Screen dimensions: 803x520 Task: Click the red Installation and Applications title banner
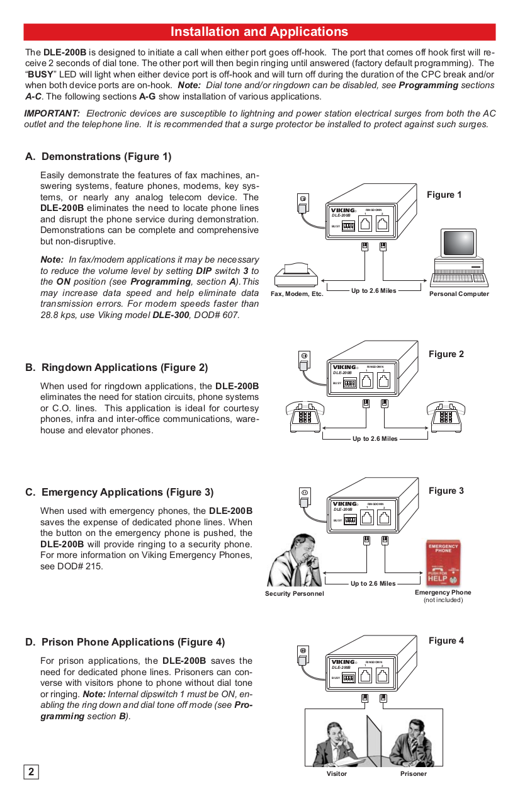click(x=259, y=32)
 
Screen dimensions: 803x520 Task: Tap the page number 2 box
click(x=31, y=772)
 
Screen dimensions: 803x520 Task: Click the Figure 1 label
click(x=444, y=195)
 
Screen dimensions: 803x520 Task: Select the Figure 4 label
click(x=446, y=641)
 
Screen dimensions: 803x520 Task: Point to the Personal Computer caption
click(x=458, y=294)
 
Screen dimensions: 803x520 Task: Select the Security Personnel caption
click(x=294, y=593)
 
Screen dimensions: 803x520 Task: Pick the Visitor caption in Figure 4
click(x=336, y=773)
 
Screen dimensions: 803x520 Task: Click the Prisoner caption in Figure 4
click(x=413, y=773)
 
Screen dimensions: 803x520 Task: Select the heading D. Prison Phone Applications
click(x=125, y=642)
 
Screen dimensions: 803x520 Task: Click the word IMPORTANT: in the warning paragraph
click(x=52, y=113)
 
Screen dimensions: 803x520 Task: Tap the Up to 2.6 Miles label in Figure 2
click(x=375, y=438)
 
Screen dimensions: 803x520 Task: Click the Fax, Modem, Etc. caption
click(x=297, y=294)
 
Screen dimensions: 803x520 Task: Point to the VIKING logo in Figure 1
click(x=343, y=210)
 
